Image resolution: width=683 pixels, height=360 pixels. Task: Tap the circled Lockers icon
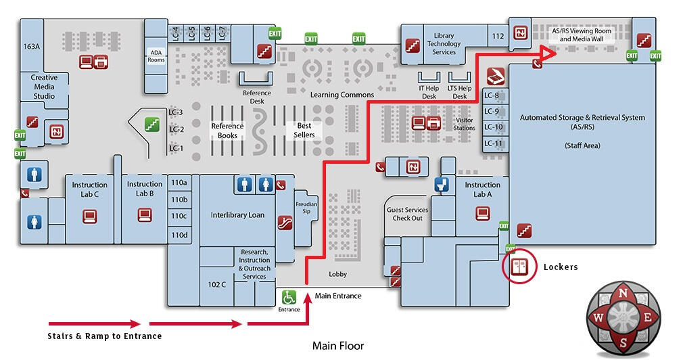[519, 267]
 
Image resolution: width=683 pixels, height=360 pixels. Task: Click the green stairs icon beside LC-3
[152, 124]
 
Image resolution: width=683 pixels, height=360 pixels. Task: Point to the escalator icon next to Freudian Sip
[285, 221]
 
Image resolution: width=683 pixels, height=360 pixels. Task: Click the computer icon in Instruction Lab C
[90, 217]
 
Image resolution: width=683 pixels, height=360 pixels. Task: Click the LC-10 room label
[494, 127]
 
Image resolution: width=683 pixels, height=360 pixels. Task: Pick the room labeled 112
[498, 37]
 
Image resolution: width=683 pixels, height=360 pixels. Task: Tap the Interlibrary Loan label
[237, 215]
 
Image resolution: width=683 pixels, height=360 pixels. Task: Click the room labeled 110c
[179, 217]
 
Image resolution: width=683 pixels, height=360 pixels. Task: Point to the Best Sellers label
[304, 130]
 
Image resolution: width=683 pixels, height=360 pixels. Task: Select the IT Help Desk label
[429, 92]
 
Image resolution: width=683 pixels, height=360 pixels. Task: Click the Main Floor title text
[337, 346]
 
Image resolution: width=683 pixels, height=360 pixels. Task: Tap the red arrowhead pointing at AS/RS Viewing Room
[549, 53]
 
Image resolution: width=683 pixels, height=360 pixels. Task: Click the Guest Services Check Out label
[407, 214]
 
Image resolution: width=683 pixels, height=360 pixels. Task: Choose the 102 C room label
[217, 284]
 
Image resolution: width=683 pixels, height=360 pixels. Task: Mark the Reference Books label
[227, 130]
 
